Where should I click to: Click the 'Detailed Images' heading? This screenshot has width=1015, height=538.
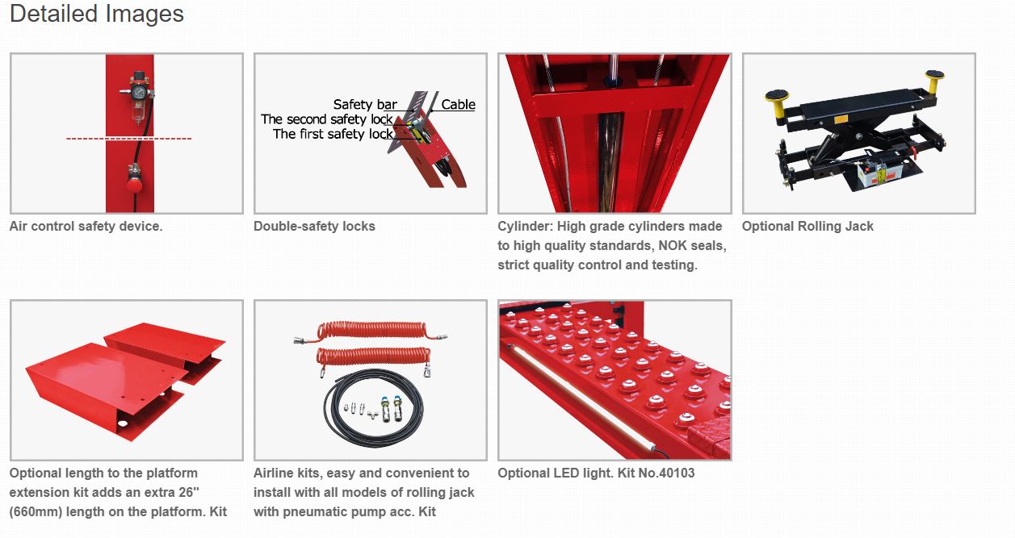click(97, 14)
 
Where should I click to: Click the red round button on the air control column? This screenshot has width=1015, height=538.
click(134, 185)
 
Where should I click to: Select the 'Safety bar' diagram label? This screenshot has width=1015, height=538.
click(365, 105)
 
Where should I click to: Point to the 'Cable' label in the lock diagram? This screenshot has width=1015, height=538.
click(458, 105)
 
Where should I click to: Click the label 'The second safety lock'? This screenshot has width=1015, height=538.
click(327, 119)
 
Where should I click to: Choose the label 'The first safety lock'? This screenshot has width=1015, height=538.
click(333, 134)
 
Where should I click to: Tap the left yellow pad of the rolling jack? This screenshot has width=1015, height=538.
click(777, 96)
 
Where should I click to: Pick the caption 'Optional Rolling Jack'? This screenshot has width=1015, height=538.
click(807, 226)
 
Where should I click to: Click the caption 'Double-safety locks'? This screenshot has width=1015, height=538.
click(314, 226)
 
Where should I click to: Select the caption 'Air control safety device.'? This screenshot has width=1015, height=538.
click(86, 226)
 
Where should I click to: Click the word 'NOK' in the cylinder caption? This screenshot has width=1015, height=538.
click(673, 246)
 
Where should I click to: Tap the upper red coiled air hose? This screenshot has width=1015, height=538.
click(371, 331)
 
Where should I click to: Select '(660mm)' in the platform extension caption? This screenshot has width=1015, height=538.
click(36, 511)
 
